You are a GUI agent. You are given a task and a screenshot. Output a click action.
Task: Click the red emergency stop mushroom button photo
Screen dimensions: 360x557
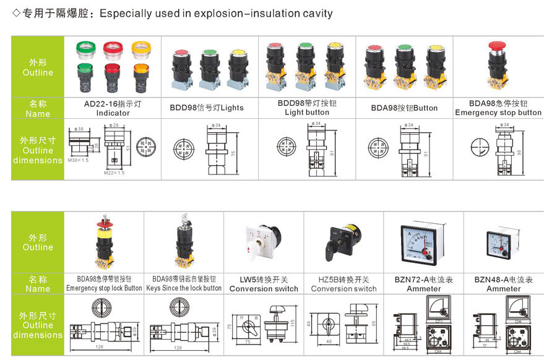498,64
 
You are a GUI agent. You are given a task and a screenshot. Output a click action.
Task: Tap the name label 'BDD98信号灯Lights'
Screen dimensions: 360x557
207,108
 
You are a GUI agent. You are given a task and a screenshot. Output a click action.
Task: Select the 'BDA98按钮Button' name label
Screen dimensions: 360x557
404,108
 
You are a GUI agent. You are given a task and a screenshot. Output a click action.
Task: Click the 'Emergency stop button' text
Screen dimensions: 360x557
498,113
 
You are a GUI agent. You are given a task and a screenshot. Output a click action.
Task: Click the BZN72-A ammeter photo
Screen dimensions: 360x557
424,243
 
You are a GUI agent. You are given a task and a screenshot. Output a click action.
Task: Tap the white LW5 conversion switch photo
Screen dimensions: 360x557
264,244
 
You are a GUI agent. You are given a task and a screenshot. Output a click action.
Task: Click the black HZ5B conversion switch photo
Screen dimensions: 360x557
343,243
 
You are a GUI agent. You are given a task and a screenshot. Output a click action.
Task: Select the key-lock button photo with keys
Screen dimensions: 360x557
184,243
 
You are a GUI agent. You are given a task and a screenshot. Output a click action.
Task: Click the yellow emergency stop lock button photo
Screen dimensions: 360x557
104,243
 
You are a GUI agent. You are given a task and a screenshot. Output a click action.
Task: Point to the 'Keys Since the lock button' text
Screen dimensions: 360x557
184,288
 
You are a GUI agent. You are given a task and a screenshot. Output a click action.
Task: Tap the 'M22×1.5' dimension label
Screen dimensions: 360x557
114,173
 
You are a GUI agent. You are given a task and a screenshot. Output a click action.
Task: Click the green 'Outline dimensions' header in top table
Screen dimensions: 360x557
38,150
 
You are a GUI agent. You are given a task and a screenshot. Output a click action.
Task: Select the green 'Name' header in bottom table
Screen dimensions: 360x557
38,284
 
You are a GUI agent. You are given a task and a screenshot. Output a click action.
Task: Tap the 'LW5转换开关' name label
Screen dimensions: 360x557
264,280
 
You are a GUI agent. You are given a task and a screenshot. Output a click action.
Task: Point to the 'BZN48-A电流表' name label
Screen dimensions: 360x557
504,280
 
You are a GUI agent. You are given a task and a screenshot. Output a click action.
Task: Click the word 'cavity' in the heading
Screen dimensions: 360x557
317,13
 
